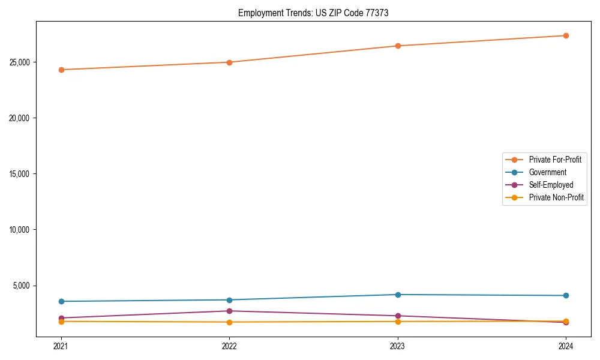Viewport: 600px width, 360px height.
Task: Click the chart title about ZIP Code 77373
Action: (x=313, y=13)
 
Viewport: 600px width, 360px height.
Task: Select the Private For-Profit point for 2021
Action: (x=61, y=70)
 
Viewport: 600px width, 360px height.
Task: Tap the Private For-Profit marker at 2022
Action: (x=229, y=62)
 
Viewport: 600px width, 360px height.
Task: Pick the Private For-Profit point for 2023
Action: (x=398, y=46)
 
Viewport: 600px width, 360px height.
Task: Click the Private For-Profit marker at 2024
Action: (x=566, y=35)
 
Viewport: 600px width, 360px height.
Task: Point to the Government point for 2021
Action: (x=61, y=301)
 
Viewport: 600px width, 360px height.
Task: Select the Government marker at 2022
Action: (x=229, y=300)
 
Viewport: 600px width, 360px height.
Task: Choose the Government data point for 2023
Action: (x=398, y=295)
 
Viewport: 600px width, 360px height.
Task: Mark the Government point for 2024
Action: (x=566, y=295)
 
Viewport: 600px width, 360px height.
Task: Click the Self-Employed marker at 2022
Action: (x=229, y=311)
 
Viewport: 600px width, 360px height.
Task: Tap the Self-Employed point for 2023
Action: (x=398, y=316)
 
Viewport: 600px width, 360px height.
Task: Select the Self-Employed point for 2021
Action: (x=61, y=318)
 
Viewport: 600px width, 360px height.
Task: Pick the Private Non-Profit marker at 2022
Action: (x=229, y=322)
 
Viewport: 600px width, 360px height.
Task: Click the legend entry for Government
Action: (x=547, y=172)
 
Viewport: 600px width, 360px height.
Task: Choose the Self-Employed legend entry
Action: (x=551, y=185)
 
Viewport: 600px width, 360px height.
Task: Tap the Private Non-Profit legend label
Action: (x=556, y=197)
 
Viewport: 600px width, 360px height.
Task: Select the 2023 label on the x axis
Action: (x=398, y=346)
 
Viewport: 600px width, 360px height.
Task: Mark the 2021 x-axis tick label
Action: (x=61, y=346)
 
